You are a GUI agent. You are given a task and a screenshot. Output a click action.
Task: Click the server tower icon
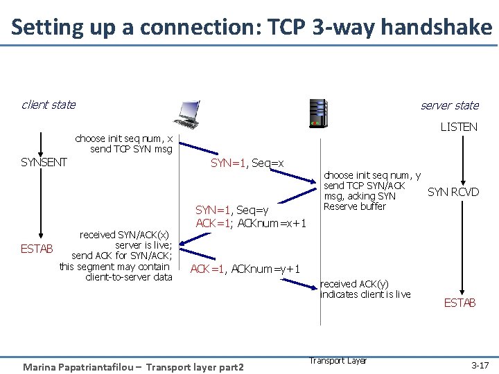pyautogui.click(x=318, y=114)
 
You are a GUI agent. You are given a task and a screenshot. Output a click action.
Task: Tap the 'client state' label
pyautogui.click(x=49, y=105)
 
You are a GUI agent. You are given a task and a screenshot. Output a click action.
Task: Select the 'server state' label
pyautogui.click(x=450, y=105)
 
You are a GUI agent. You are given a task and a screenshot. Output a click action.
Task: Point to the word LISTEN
pyautogui.click(x=459, y=127)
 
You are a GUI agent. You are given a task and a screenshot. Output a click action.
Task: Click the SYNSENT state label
pyautogui.click(x=44, y=162)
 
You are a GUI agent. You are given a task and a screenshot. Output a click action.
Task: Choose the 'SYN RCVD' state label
pyautogui.click(x=453, y=192)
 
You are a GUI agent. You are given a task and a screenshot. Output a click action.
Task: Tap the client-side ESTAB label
pyautogui.click(x=37, y=249)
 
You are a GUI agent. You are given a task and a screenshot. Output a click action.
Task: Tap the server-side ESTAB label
pyautogui.click(x=459, y=303)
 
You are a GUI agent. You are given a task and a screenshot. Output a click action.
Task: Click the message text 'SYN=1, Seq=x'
pyautogui.click(x=247, y=163)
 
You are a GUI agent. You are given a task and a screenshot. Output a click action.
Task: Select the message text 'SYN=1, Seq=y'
pyautogui.click(x=236, y=210)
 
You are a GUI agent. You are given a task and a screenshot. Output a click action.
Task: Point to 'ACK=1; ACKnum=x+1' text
pyautogui.click(x=251, y=222)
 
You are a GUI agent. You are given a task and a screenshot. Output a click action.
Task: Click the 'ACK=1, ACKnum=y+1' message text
pyautogui.click(x=245, y=269)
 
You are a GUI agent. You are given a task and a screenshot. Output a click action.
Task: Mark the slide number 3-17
pyautogui.click(x=480, y=364)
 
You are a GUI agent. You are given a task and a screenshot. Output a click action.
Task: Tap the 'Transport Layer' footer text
pyautogui.click(x=338, y=360)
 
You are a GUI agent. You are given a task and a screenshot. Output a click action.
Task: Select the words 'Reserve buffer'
pyautogui.click(x=355, y=206)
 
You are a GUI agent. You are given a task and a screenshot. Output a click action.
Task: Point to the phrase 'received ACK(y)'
pyautogui.click(x=354, y=283)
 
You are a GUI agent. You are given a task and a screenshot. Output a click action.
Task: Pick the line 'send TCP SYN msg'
pyautogui.click(x=131, y=149)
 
